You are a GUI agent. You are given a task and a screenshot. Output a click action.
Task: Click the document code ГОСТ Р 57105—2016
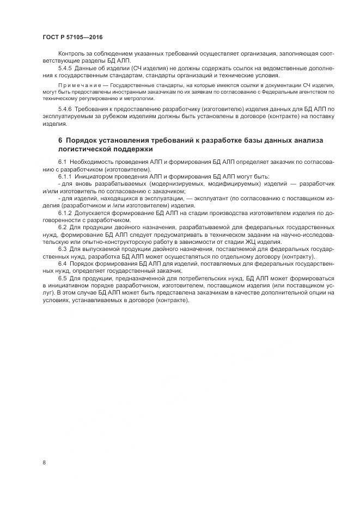click(72, 38)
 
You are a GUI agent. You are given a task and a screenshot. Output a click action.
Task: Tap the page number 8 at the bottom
click(44, 463)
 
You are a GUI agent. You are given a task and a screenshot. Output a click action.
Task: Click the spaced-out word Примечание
click(77, 87)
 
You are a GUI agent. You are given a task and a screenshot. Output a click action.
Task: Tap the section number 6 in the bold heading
click(60, 140)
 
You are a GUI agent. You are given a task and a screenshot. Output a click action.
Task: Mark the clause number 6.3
click(62, 248)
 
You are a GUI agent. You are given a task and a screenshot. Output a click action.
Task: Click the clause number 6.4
click(62, 263)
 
